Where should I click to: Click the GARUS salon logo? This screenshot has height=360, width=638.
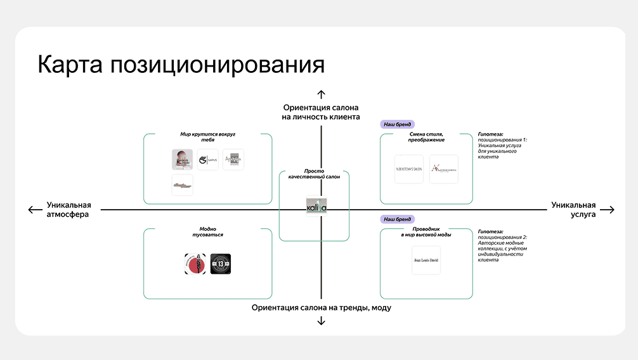tap(207, 160)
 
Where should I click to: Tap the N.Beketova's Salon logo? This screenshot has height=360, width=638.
tap(408, 169)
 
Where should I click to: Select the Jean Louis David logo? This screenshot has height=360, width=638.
tap(426, 260)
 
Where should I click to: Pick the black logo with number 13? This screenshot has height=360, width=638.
tap(221, 264)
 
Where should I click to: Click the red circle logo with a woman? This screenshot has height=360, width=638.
tap(195, 264)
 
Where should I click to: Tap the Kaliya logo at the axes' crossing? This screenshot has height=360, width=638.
tap(316, 207)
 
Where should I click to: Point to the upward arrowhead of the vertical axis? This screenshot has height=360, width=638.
tap(321, 95)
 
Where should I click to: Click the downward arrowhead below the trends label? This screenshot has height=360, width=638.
tap(321, 321)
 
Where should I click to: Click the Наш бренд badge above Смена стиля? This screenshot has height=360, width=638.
tap(397, 125)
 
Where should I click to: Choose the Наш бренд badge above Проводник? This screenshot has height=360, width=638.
tap(397, 219)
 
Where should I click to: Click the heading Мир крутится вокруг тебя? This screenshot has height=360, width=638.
tap(207, 137)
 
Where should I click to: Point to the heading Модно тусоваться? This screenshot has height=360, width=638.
tap(207, 231)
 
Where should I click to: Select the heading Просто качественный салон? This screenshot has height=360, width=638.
tap(313, 174)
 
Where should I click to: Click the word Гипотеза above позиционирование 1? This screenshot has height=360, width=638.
tap(490, 134)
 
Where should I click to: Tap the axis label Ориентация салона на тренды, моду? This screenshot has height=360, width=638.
tap(321, 308)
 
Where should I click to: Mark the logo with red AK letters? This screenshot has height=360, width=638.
tap(443, 169)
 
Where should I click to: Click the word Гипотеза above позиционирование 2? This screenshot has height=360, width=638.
tap(490, 232)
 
